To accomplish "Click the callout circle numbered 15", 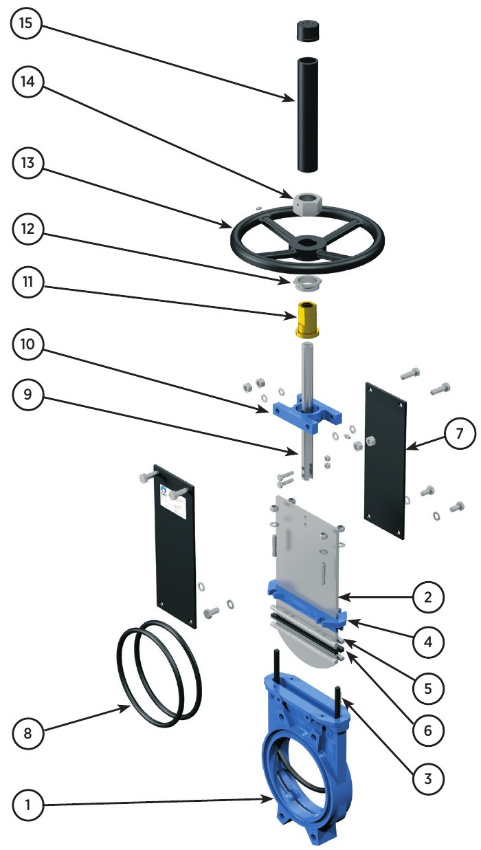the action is (26, 23).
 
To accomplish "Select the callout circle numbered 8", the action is (27, 732).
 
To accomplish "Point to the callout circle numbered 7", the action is (460, 433).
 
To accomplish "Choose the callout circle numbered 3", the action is (428, 778).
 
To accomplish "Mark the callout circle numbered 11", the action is (27, 282).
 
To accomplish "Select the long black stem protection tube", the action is (306, 114).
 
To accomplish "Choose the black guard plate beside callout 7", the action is (385, 461).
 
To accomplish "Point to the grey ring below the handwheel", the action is (307, 283).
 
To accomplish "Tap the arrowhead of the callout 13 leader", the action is (230, 227).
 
